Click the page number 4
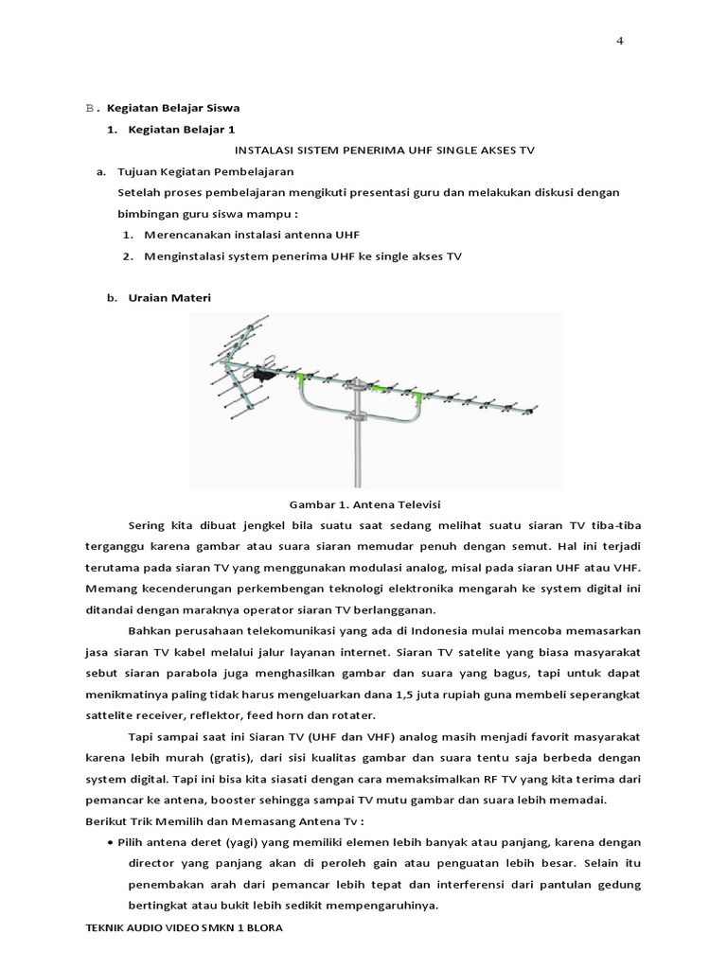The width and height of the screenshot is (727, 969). point(619,41)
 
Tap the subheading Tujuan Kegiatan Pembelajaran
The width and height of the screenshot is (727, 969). point(205,171)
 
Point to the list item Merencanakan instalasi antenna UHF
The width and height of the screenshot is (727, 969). point(252,234)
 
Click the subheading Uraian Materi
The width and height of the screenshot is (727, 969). point(163,297)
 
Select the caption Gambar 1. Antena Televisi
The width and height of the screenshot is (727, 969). point(365,503)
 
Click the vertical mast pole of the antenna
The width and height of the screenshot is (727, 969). point(358,445)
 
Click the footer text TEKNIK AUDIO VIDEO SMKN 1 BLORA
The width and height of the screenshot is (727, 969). point(184,928)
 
